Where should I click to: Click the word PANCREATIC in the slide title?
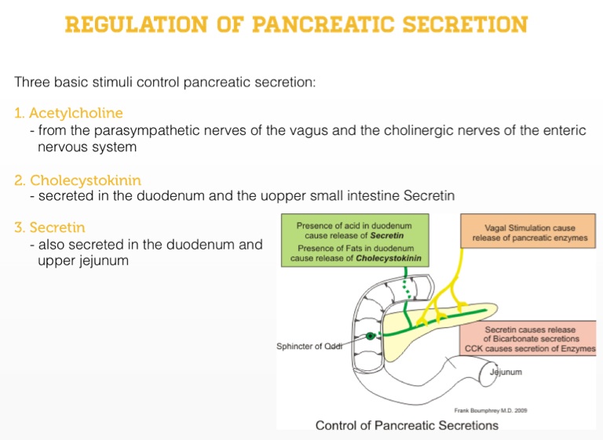[x=331, y=24]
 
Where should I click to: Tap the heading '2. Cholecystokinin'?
[x=78, y=180]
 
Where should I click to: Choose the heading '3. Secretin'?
[x=49, y=227]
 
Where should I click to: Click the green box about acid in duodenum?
[x=353, y=242]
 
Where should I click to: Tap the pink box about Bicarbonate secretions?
[x=530, y=339]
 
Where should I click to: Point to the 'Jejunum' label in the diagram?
[x=506, y=372]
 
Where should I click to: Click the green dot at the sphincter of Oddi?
[x=370, y=336]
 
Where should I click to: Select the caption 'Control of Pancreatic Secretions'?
[x=407, y=426]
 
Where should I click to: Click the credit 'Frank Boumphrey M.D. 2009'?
[x=491, y=410]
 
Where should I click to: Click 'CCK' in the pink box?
[x=477, y=348]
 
